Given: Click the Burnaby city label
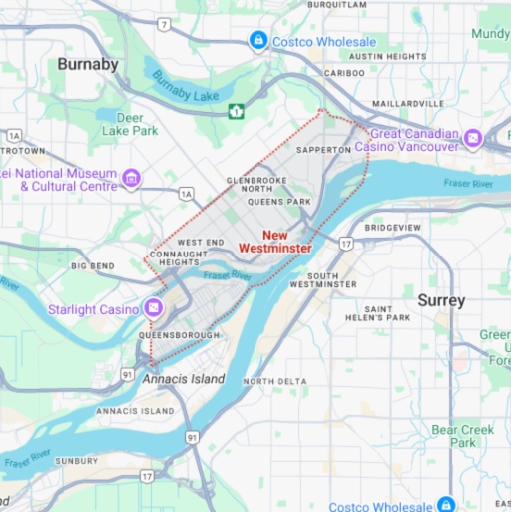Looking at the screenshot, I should [x=88, y=65].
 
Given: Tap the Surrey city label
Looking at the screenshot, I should [x=441, y=300].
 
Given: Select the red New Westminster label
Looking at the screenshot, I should [x=274, y=241].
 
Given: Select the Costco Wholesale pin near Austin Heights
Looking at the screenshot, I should [x=258, y=41].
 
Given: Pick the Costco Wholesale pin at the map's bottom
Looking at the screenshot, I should [x=448, y=505].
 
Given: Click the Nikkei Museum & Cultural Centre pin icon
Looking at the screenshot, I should [x=131, y=179].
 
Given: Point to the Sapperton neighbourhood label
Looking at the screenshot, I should [x=324, y=149].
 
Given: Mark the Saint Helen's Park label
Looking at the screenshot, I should [x=386, y=313].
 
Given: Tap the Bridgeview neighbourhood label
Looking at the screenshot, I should [x=394, y=228].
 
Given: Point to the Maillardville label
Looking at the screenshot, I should [x=407, y=103].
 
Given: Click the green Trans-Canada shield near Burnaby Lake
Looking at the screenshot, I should [x=237, y=111].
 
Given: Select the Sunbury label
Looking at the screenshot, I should [x=77, y=461].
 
